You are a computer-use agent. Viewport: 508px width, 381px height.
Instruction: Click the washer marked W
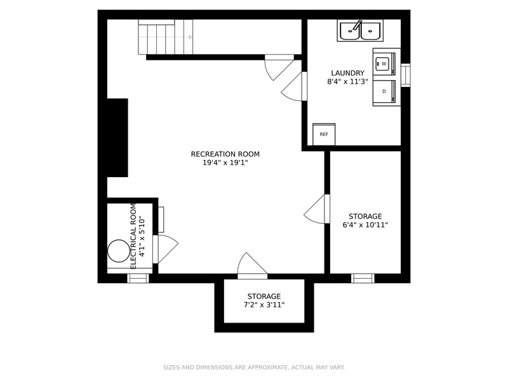[387, 64]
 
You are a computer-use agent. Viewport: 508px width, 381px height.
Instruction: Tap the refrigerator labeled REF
[324, 134]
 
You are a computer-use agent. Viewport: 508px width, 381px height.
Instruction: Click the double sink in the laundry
[360, 30]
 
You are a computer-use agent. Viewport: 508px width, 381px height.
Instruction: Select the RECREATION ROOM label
[225, 154]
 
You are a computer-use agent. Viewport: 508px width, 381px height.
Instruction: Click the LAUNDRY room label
[347, 73]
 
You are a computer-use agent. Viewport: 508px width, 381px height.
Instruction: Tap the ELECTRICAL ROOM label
[133, 236]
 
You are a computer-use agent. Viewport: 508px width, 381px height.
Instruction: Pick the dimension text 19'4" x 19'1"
[225, 163]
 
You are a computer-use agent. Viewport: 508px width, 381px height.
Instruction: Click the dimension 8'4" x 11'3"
[347, 81]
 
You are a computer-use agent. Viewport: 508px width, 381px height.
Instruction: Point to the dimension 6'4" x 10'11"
[365, 225]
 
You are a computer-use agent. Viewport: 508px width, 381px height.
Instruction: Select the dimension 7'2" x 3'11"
[264, 305]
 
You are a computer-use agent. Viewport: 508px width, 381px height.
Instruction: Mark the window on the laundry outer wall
[406, 75]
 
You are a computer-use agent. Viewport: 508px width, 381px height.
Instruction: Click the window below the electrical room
[138, 278]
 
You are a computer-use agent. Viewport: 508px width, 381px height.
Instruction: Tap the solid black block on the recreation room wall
[117, 138]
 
